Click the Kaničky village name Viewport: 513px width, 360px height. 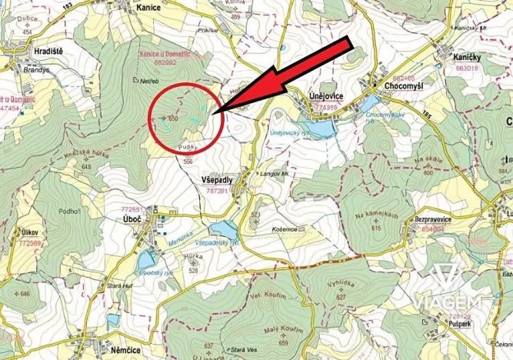point(467,58)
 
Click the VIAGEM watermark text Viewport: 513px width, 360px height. point(449,302)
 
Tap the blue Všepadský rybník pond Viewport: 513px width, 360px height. point(224,229)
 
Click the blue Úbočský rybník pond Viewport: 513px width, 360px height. point(146,258)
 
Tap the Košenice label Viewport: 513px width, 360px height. point(285,229)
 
